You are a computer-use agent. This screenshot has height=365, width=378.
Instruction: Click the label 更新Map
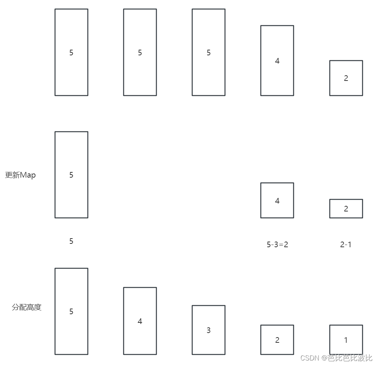pyautogui.click(x=20, y=175)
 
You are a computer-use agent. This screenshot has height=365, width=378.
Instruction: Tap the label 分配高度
pyautogui.click(x=26, y=307)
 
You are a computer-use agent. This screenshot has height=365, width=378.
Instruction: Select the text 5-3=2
pyautogui.click(x=277, y=245)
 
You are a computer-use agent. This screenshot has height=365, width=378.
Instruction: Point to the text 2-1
pyautogui.click(x=346, y=245)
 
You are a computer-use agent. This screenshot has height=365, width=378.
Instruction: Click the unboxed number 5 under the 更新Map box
pyautogui.click(x=71, y=241)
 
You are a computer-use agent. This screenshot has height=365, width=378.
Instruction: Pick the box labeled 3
pyautogui.click(x=208, y=330)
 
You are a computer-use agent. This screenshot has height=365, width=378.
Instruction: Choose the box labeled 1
pyautogui.click(x=346, y=340)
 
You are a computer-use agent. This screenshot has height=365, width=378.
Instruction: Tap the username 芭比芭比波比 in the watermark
pyautogui.click(x=350, y=358)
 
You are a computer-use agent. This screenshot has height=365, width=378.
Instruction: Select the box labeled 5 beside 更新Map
pyautogui.click(x=71, y=175)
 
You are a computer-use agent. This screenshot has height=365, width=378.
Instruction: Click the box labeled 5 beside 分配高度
pyautogui.click(x=71, y=311)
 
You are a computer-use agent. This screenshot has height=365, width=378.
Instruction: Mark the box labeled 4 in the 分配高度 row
pyautogui.click(x=140, y=321)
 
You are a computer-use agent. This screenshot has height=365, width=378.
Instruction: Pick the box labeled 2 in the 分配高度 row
pyautogui.click(x=277, y=340)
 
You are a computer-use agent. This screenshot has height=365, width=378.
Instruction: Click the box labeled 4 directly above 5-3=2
pyautogui.click(x=277, y=201)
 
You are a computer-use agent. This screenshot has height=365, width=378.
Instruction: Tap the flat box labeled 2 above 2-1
pyautogui.click(x=346, y=208)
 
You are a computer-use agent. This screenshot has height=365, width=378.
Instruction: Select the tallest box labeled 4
pyautogui.click(x=277, y=61)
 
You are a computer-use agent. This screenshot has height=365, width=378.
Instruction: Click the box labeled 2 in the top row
pyautogui.click(x=346, y=78)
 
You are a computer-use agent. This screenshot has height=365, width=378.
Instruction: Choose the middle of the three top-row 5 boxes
pyautogui.click(x=140, y=52)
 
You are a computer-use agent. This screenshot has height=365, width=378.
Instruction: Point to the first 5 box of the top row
pyautogui.click(x=71, y=52)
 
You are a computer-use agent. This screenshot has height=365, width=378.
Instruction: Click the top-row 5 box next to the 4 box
pyautogui.click(x=208, y=52)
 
